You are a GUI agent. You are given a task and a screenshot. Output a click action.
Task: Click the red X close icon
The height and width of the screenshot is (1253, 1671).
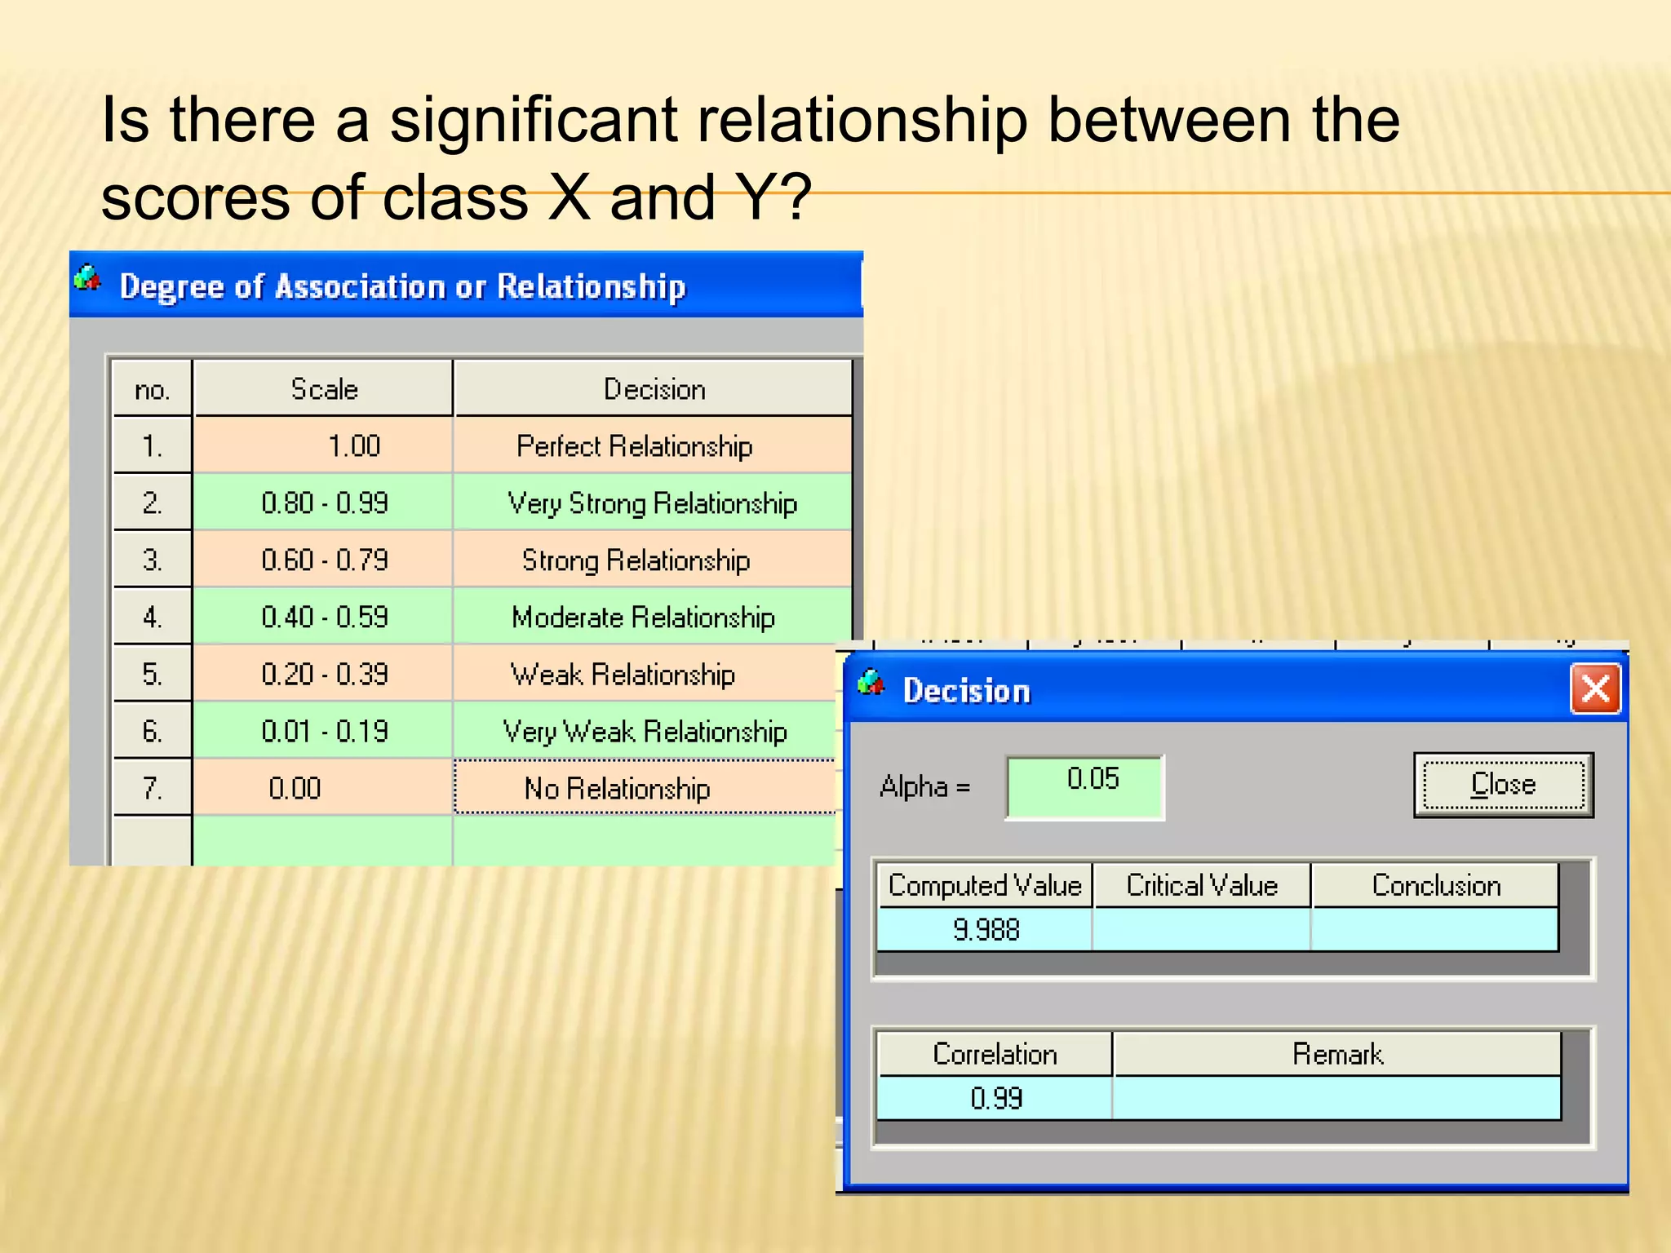(x=1595, y=689)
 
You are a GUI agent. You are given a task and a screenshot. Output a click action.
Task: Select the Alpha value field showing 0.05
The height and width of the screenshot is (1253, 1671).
(x=1084, y=786)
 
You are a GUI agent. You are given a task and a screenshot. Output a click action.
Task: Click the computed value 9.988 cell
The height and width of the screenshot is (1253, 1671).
(x=985, y=929)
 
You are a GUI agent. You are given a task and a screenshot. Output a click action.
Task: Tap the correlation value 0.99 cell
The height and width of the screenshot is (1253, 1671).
(x=995, y=1098)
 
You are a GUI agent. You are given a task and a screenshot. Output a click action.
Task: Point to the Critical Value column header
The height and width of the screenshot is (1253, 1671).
(x=1201, y=886)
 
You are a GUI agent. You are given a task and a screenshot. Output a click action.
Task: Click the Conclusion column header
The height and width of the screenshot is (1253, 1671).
(x=1435, y=886)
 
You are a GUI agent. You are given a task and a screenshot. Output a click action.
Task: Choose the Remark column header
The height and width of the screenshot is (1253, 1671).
(x=1336, y=1054)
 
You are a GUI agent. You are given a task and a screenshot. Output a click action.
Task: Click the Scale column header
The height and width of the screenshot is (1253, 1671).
(x=323, y=389)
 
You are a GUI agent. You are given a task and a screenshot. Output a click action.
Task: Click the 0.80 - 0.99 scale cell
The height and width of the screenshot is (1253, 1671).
(x=323, y=503)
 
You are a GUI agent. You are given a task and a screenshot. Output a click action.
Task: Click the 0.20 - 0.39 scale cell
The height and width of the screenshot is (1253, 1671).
(x=323, y=675)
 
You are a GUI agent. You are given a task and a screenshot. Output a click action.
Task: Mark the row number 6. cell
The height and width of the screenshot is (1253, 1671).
(x=153, y=731)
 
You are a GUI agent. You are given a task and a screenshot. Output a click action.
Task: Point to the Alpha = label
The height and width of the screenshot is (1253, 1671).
(x=924, y=787)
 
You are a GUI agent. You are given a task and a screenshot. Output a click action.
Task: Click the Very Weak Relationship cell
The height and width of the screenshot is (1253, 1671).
(x=645, y=732)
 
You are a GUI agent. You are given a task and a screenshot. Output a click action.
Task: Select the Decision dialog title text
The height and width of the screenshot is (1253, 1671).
(x=966, y=691)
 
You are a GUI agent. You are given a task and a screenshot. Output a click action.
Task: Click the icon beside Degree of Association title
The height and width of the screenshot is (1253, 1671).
(x=87, y=279)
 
